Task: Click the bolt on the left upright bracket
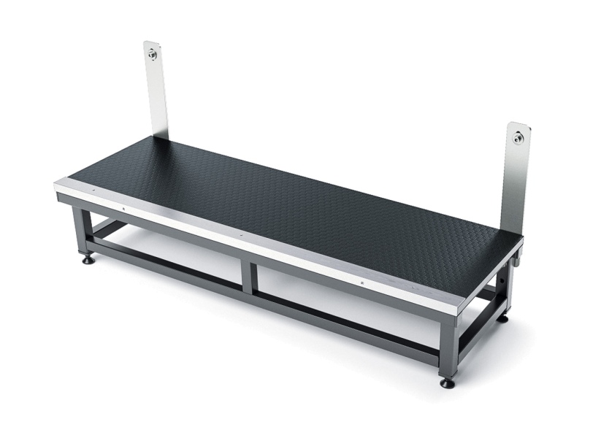click(x=152, y=53)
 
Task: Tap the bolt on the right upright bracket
click(x=518, y=137)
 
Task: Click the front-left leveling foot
click(x=88, y=259)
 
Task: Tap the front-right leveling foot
click(x=447, y=382)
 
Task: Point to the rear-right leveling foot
click(x=502, y=318)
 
